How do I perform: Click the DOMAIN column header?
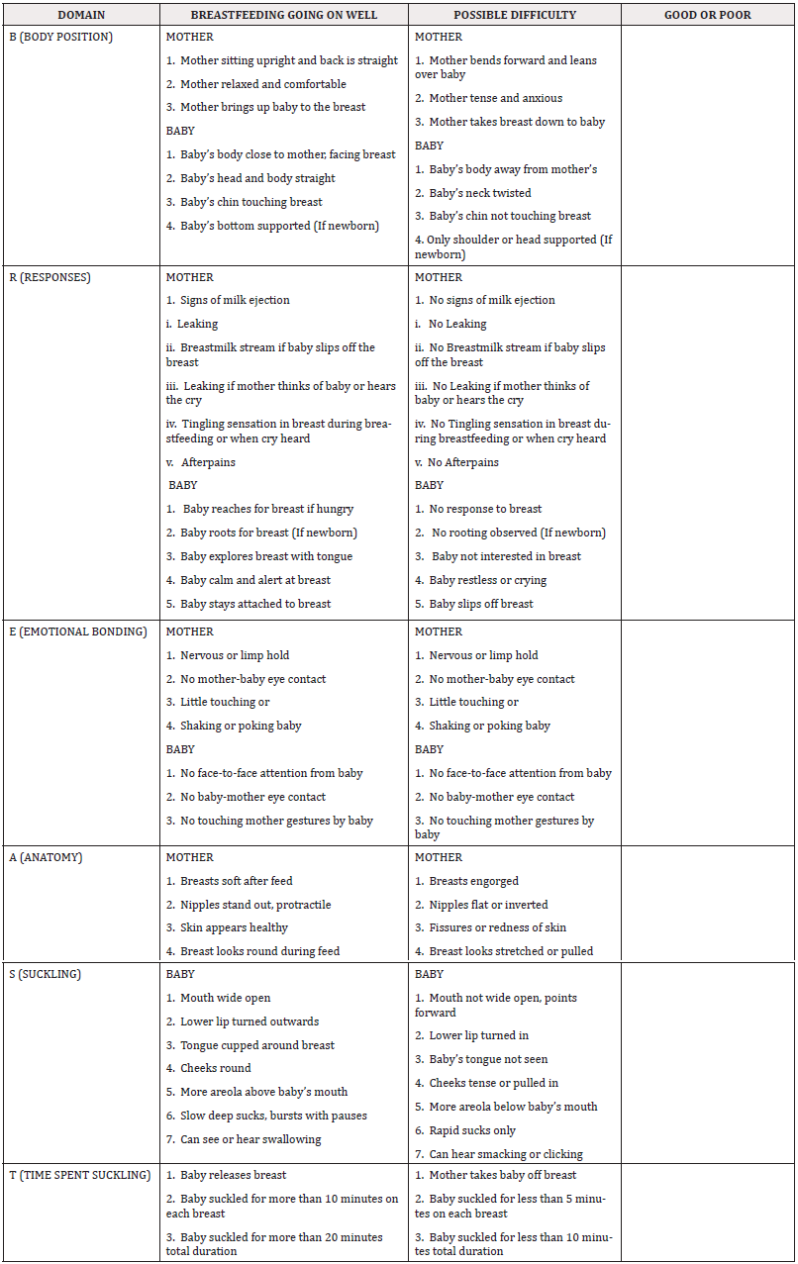(x=80, y=15)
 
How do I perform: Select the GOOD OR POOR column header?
(x=708, y=15)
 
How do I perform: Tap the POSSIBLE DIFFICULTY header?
(x=515, y=15)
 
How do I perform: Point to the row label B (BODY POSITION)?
(x=60, y=37)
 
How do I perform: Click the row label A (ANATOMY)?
(x=47, y=857)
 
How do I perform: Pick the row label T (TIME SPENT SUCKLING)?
(x=79, y=1175)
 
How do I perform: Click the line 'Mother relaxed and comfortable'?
(x=262, y=84)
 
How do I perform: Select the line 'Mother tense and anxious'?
(x=495, y=98)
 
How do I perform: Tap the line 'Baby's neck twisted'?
(x=479, y=193)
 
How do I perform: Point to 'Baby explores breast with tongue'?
(x=265, y=556)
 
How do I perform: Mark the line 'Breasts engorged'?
(x=473, y=881)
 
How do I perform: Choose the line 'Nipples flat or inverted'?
(x=488, y=905)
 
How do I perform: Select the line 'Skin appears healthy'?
(x=234, y=927)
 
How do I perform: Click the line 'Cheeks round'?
(x=215, y=1068)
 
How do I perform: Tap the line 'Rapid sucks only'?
(x=472, y=1130)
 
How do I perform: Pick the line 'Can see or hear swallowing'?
(x=250, y=1139)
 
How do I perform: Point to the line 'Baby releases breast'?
(x=233, y=1175)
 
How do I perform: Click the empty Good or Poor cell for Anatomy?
(x=708, y=904)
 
